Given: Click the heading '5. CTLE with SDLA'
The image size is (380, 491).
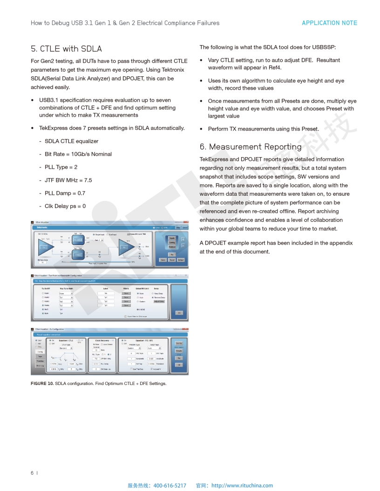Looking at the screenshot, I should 66,49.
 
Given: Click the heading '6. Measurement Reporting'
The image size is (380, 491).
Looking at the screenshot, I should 251,147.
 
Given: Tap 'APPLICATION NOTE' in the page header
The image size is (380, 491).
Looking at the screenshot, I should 329,23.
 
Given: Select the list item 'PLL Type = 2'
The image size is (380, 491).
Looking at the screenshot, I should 61,167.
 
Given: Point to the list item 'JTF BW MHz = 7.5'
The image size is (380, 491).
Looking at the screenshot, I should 68,180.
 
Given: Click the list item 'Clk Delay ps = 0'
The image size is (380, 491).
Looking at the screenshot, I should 65,206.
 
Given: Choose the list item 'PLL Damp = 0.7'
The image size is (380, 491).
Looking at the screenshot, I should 65,193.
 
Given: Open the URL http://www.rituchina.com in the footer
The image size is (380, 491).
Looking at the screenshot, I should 242,485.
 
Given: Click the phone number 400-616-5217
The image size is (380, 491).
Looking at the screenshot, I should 170,485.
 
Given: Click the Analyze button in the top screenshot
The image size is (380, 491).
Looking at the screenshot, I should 172,246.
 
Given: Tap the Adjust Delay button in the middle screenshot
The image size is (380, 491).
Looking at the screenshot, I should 159,301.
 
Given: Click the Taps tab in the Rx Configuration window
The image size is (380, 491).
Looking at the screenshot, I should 41,357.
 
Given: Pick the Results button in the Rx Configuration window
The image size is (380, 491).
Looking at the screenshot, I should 178,351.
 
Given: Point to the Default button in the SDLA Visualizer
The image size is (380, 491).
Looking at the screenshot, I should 181,260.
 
